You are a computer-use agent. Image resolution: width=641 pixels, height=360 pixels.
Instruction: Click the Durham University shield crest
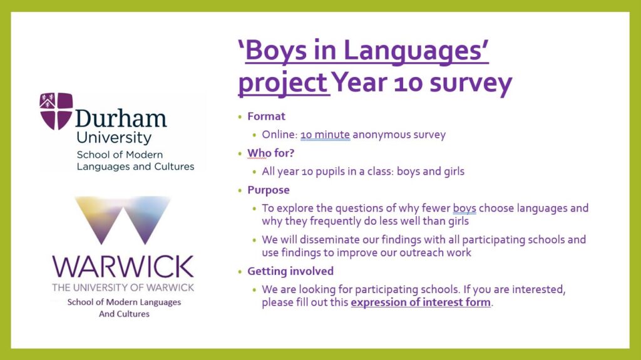tap(56, 111)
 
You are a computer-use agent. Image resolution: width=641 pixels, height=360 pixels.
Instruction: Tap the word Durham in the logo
tap(121, 118)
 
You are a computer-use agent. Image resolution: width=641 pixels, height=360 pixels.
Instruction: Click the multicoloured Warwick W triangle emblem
tap(123, 220)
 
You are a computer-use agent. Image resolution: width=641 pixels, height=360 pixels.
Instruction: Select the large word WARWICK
tap(123, 267)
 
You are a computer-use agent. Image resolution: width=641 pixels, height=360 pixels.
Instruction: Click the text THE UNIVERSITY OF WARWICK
tap(123, 287)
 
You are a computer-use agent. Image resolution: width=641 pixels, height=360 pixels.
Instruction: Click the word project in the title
tap(283, 83)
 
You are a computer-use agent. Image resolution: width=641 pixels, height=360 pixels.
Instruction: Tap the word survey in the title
tap(471, 83)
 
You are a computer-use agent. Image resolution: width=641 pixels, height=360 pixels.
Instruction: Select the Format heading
tap(266, 116)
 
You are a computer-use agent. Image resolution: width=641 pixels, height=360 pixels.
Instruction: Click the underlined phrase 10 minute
tap(325, 135)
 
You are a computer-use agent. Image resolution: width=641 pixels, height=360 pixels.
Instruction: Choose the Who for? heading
tap(270, 153)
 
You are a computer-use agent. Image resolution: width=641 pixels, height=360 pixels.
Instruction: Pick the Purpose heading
tap(268, 190)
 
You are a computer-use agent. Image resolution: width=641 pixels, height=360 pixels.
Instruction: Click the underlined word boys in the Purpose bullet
tap(464, 208)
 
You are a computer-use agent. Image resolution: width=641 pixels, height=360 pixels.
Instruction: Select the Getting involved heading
tap(290, 271)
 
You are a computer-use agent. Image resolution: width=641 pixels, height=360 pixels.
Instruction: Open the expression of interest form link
tap(421, 302)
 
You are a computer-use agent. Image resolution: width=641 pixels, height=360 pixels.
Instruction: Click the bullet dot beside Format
tap(240, 117)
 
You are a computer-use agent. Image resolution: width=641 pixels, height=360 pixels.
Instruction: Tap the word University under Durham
tap(114, 138)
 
